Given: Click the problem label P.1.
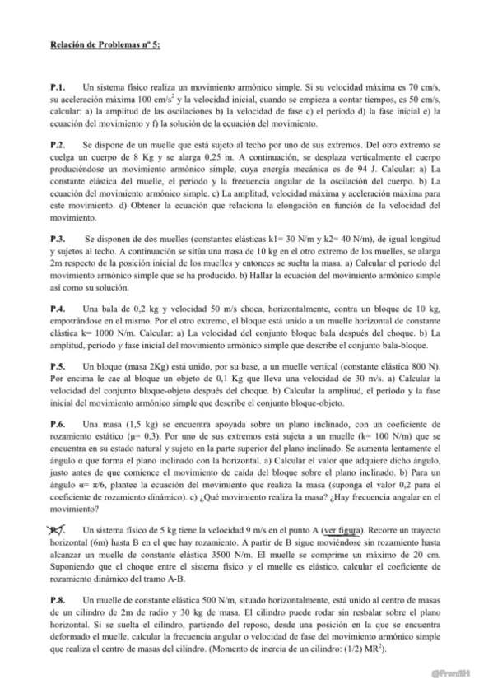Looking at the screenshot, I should coord(58,86).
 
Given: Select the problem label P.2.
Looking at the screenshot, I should coord(58,143).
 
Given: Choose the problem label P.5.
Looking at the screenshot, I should coord(58,364).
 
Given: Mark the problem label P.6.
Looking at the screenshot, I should coord(58,421).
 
